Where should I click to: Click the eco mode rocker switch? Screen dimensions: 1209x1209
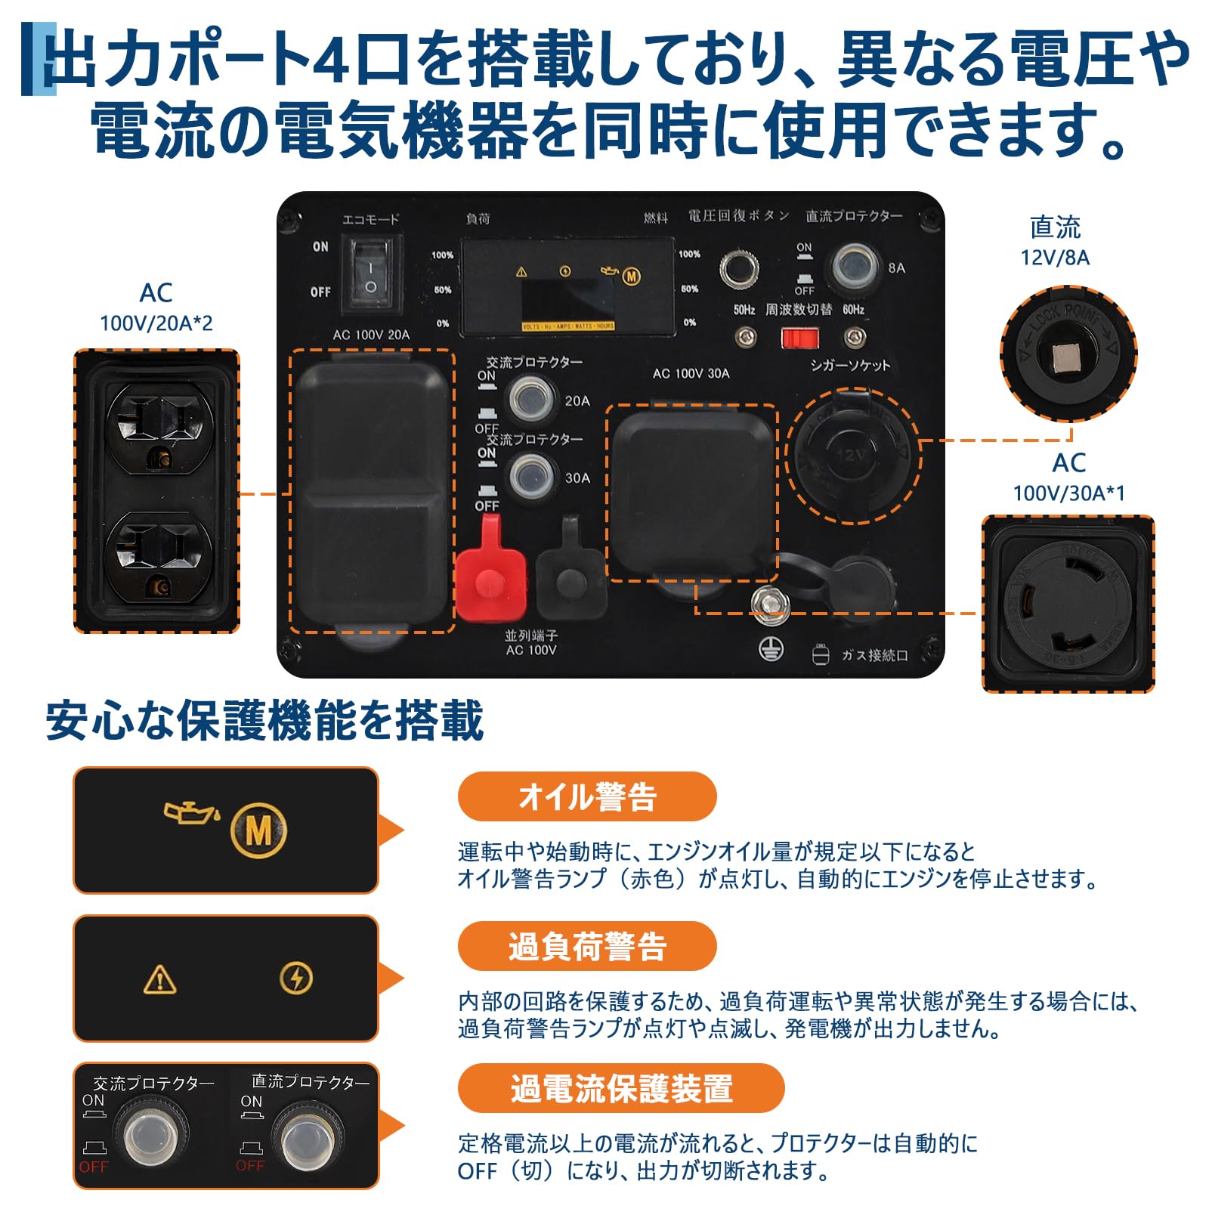[370, 274]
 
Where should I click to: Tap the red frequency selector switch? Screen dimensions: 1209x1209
[799, 337]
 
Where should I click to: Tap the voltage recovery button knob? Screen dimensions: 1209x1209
[739, 268]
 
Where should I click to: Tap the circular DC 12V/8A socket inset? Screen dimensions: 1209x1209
[1068, 354]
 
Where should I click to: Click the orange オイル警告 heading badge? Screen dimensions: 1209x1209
[586, 796]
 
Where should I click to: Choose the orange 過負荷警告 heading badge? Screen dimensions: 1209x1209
[586, 946]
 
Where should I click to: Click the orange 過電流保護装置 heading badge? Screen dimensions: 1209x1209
[620, 1088]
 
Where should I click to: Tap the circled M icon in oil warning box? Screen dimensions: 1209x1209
[258, 831]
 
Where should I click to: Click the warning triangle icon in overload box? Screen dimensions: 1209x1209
[159, 980]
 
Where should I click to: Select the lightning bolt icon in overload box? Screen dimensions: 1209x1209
[295, 979]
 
